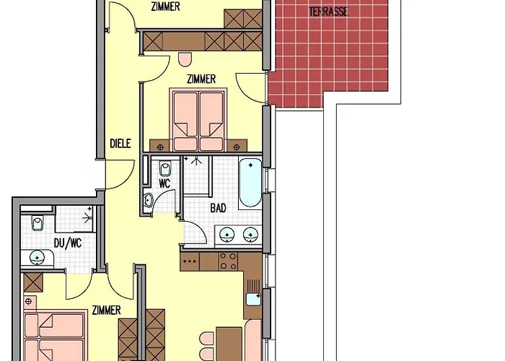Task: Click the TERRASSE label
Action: click(x=328, y=12)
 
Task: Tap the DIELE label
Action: click(x=120, y=144)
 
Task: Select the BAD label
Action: click(x=218, y=208)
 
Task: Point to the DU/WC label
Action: click(x=68, y=243)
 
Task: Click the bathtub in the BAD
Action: click(x=250, y=183)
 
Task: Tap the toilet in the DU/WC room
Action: click(x=38, y=222)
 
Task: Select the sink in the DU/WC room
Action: click(x=38, y=258)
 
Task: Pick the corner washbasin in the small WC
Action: click(x=148, y=200)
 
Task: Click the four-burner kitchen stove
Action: click(x=228, y=261)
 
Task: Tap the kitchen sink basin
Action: click(x=253, y=299)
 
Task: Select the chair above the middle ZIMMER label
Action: click(x=185, y=59)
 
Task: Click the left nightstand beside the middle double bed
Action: click(x=160, y=146)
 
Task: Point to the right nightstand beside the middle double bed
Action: click(x=237, y=146)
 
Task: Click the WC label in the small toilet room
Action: click(x=164, y=183)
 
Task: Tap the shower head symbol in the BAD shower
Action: click(x=196, y=160)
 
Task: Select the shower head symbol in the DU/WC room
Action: click(x=88, y=218)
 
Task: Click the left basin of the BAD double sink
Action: click(x=227, y=235)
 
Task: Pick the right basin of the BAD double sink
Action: click(x=250, y=235)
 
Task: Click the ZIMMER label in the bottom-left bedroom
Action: click(x=106, y=310)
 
